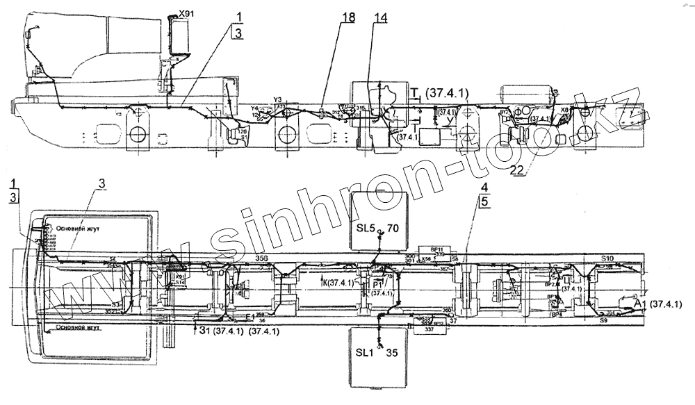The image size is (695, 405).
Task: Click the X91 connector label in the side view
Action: pyautogui.click(x=186, y=13)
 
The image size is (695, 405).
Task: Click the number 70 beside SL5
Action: pyautogui.click(x=393, y=227)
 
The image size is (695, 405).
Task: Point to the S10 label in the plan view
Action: pyautogui.click(x=607, y=258)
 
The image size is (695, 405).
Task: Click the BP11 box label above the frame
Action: pyautogui.click(x=437, y=248)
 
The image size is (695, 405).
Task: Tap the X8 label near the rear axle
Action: pyautogui.click(x=564, y=110)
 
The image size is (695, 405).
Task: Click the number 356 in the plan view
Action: pyautogui.click(x=261, y=258)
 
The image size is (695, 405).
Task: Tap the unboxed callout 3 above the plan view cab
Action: pyautogui.click(x=101, y=183)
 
